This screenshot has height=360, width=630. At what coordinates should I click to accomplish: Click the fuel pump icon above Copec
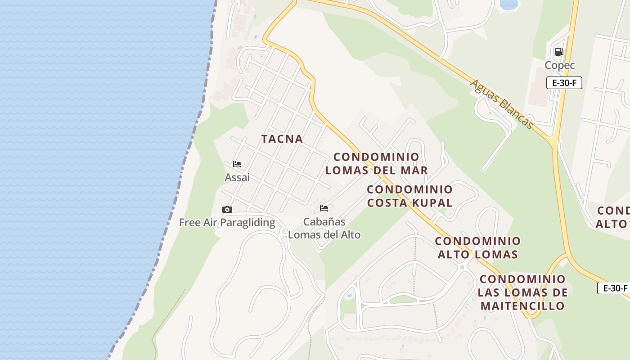[559, 52]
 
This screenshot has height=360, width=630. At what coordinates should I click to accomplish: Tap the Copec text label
[560, 65]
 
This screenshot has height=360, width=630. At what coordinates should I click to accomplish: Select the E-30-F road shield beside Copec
[564, 83]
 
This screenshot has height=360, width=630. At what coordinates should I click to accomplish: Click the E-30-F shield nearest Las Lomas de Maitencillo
[615, 288]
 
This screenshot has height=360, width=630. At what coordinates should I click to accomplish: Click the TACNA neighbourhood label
[282, 139]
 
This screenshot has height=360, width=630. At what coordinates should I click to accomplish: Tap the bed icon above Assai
[237, 164]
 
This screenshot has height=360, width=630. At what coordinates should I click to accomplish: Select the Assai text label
[237, 178]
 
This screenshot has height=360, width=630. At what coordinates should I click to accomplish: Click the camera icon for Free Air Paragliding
[227, 209]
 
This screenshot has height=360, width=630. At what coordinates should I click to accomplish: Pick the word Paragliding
[247, 222]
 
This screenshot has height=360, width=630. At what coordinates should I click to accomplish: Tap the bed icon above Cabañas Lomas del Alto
[324, 208]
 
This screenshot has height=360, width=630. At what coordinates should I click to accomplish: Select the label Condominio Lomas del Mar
[376, 163]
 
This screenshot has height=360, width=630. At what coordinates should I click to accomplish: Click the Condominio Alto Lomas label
[477, 247]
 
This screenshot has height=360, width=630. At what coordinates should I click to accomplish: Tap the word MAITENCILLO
[522, 306]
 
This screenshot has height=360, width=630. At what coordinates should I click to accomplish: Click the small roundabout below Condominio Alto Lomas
[462, 267]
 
